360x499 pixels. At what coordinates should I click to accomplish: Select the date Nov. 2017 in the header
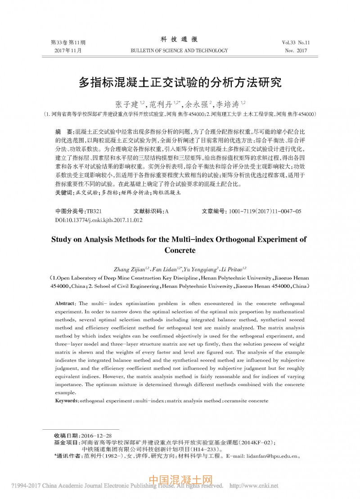click(x=295, y=51)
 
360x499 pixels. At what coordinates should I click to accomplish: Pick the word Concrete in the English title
click(x=180, y=250)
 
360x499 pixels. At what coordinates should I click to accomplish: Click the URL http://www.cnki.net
click(x=254, y=486)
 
